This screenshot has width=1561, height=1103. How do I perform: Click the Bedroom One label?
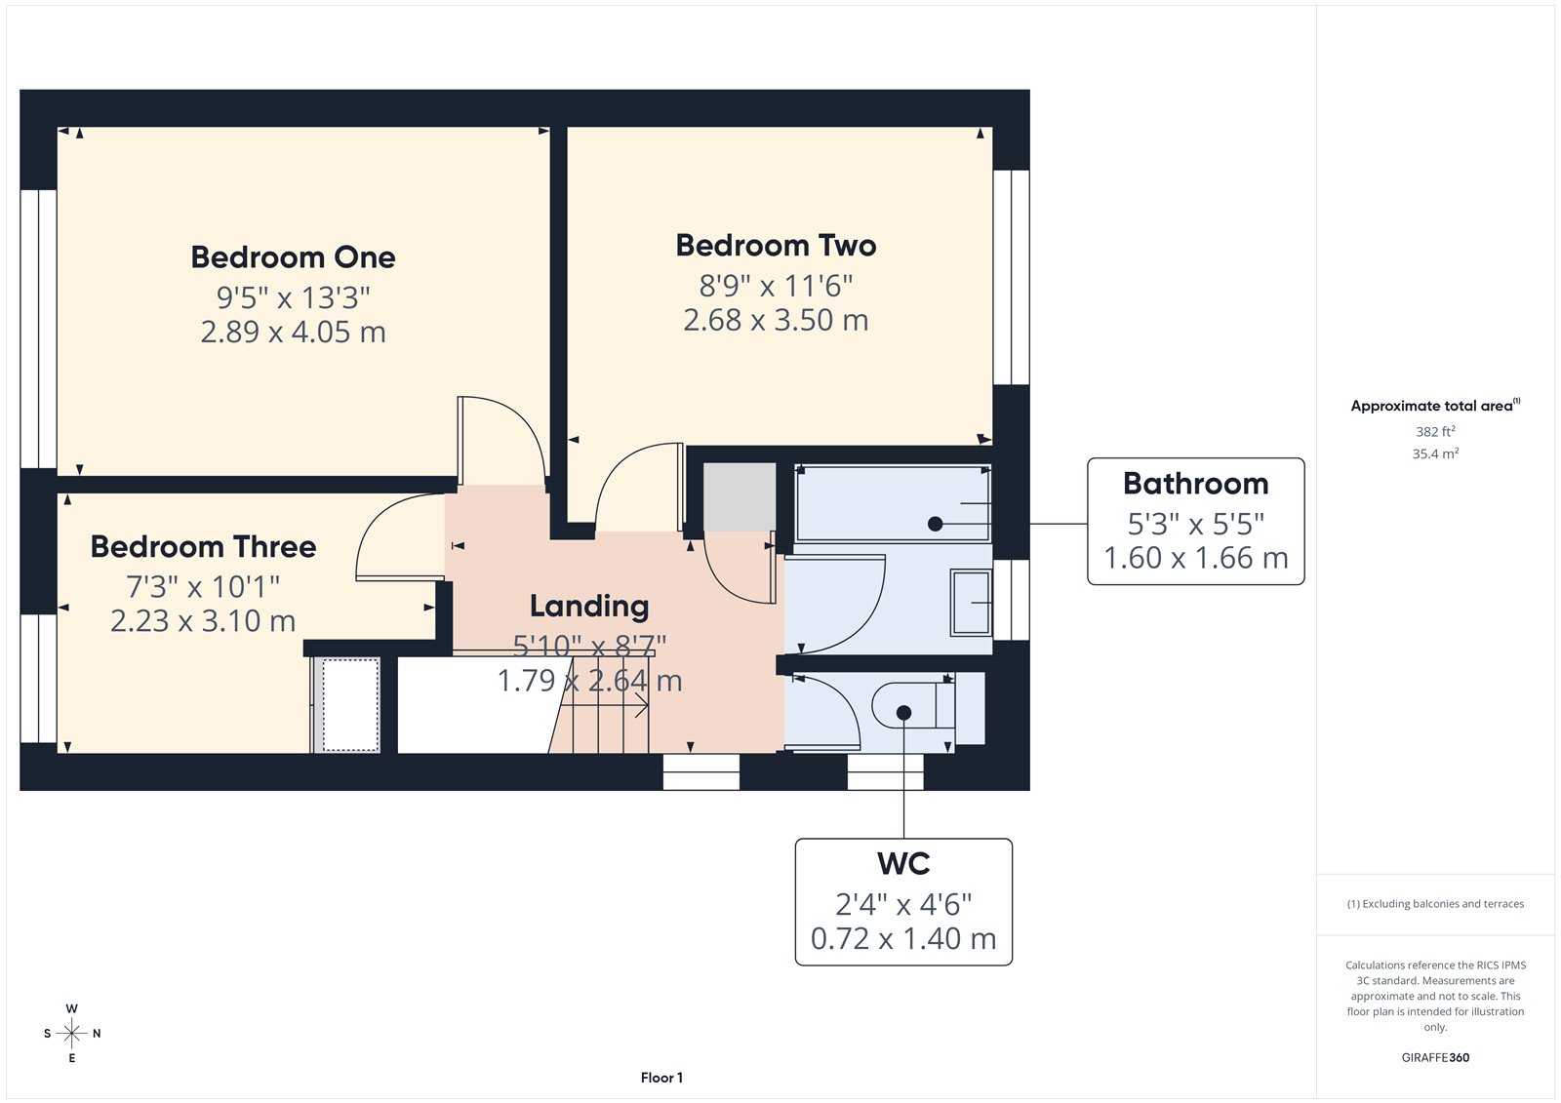(293, 257)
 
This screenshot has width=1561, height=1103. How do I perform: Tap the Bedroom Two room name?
(776, 246)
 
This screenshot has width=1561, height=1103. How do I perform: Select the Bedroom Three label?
(203, 547)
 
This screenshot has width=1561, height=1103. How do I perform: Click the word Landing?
(588, 607)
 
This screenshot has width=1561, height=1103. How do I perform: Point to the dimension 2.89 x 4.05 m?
(293, 333)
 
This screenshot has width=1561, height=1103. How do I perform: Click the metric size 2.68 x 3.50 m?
(776, 321)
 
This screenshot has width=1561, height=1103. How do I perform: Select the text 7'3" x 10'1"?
(203, 587)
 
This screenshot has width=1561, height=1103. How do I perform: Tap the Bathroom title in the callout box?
(1195, 484)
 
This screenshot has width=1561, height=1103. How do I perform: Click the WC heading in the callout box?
(903, 864)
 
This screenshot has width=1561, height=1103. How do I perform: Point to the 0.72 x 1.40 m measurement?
(903, 939)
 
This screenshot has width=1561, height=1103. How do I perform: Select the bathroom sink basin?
(971, 603)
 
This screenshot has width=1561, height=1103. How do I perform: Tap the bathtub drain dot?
(935, 524)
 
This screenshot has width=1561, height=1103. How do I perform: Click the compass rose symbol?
(71, 1033)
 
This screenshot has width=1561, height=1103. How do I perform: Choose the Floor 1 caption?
(661, 1078)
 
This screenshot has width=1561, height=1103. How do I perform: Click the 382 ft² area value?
(1435, 431)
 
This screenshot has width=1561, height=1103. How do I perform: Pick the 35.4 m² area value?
(1435, 453)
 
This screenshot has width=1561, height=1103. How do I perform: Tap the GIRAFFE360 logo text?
(1435, 1057)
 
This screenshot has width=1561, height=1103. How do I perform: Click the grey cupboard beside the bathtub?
(740, 497)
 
